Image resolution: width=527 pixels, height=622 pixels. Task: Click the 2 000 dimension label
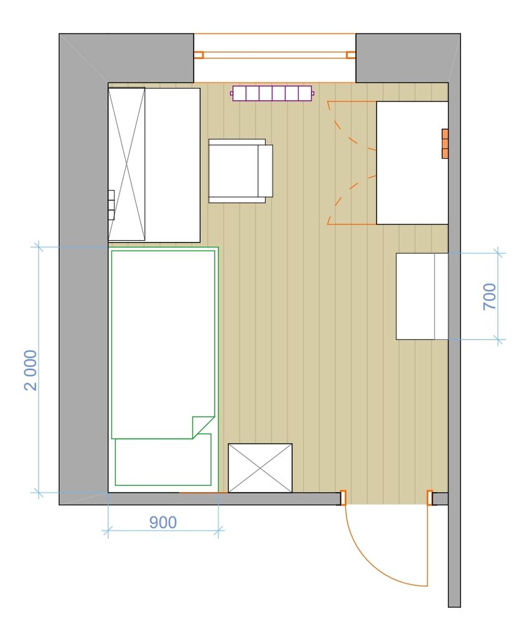coord(31,370)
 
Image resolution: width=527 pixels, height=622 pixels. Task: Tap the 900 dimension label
coord(163,522)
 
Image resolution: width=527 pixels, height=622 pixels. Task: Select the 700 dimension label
coord(490,296)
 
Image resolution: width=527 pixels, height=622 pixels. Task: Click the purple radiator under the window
coord(273,94)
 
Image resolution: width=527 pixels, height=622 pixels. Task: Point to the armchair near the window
coord(241,171)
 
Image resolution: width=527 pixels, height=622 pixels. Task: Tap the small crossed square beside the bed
coord(260,468)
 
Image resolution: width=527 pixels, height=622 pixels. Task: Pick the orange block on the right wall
coord(445,144)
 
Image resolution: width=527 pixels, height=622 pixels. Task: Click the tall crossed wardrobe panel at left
coord(126,164)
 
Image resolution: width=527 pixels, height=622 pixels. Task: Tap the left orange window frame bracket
coord(199,55)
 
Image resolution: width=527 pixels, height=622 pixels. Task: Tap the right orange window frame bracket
coord(351,55)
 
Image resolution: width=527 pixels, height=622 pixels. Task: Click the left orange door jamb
coord(343,498)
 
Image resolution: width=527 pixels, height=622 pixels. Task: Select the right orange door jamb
coord(429,498)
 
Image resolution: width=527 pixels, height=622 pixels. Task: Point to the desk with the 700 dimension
coord(422,296)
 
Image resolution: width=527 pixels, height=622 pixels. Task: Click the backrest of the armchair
coord(266,171)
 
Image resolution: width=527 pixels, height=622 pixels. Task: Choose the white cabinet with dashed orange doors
coord(413,162)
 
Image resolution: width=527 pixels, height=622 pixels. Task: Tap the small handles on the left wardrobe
coord(111,205)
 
